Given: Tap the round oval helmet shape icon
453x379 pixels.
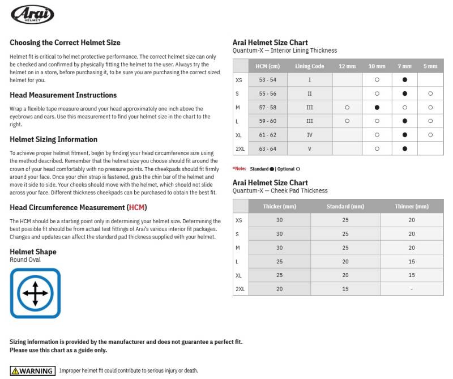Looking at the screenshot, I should click(x=35, y=293).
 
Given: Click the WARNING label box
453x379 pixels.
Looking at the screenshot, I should click(x=33, y=371).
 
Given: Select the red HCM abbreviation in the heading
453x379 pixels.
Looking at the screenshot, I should click(x=136, y=208).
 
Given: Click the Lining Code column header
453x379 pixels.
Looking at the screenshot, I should click(x=310, y=66).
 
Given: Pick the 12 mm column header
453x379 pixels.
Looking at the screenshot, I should click(x=347, y=66).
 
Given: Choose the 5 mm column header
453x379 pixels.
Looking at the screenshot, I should click(x=430, y=66).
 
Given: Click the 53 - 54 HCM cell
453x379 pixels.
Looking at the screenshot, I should click(x=268, y=80).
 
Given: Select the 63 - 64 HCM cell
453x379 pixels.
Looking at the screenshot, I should click(x=268, y=148).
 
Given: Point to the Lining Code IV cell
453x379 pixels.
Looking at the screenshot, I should click(x=310, y=135).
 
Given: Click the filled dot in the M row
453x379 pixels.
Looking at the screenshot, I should click(x=377, y=107).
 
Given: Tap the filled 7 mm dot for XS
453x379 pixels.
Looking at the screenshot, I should click(x=404, y=80).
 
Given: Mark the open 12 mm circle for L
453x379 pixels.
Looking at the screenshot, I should click(x=347, y=121).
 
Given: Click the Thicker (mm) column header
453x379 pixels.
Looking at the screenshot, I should click(x=279, y=206).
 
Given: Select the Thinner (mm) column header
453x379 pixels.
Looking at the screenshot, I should click(x=412, y=206).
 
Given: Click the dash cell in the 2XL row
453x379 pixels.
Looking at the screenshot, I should click(x=412, y=289).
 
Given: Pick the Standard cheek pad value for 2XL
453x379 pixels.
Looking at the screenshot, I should click(x=345, y=289).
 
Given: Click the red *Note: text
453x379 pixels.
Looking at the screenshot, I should click(x=239, y=169).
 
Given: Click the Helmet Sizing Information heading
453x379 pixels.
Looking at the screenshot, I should click(x=53, y=139).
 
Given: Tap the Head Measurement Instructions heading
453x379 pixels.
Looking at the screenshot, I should click(x=63, y=95).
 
